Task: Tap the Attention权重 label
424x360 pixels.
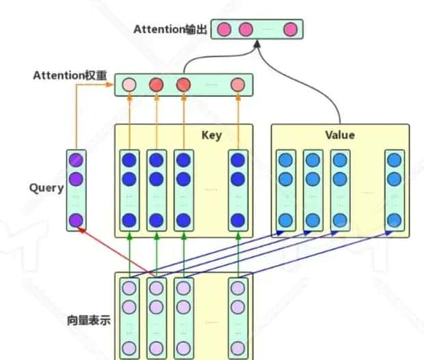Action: [70, 75]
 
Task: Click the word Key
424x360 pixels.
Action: [211, 135]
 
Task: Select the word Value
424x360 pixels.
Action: [340, 135]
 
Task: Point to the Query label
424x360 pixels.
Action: [47, 188]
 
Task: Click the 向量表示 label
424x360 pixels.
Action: [87, 319]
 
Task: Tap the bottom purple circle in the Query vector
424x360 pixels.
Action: [76, 220]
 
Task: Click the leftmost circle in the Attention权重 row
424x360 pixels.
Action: [129, 85]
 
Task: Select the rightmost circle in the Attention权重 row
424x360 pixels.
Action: [237, 85]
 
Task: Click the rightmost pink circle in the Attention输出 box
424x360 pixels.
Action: [290, 29]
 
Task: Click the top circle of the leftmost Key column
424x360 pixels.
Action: [129, 160]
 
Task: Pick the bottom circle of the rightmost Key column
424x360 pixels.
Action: [237, 220]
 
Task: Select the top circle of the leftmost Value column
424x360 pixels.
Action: [286, 160]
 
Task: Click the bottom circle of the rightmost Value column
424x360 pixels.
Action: [394, 220]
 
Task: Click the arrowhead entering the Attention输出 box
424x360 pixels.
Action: [258, 44]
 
